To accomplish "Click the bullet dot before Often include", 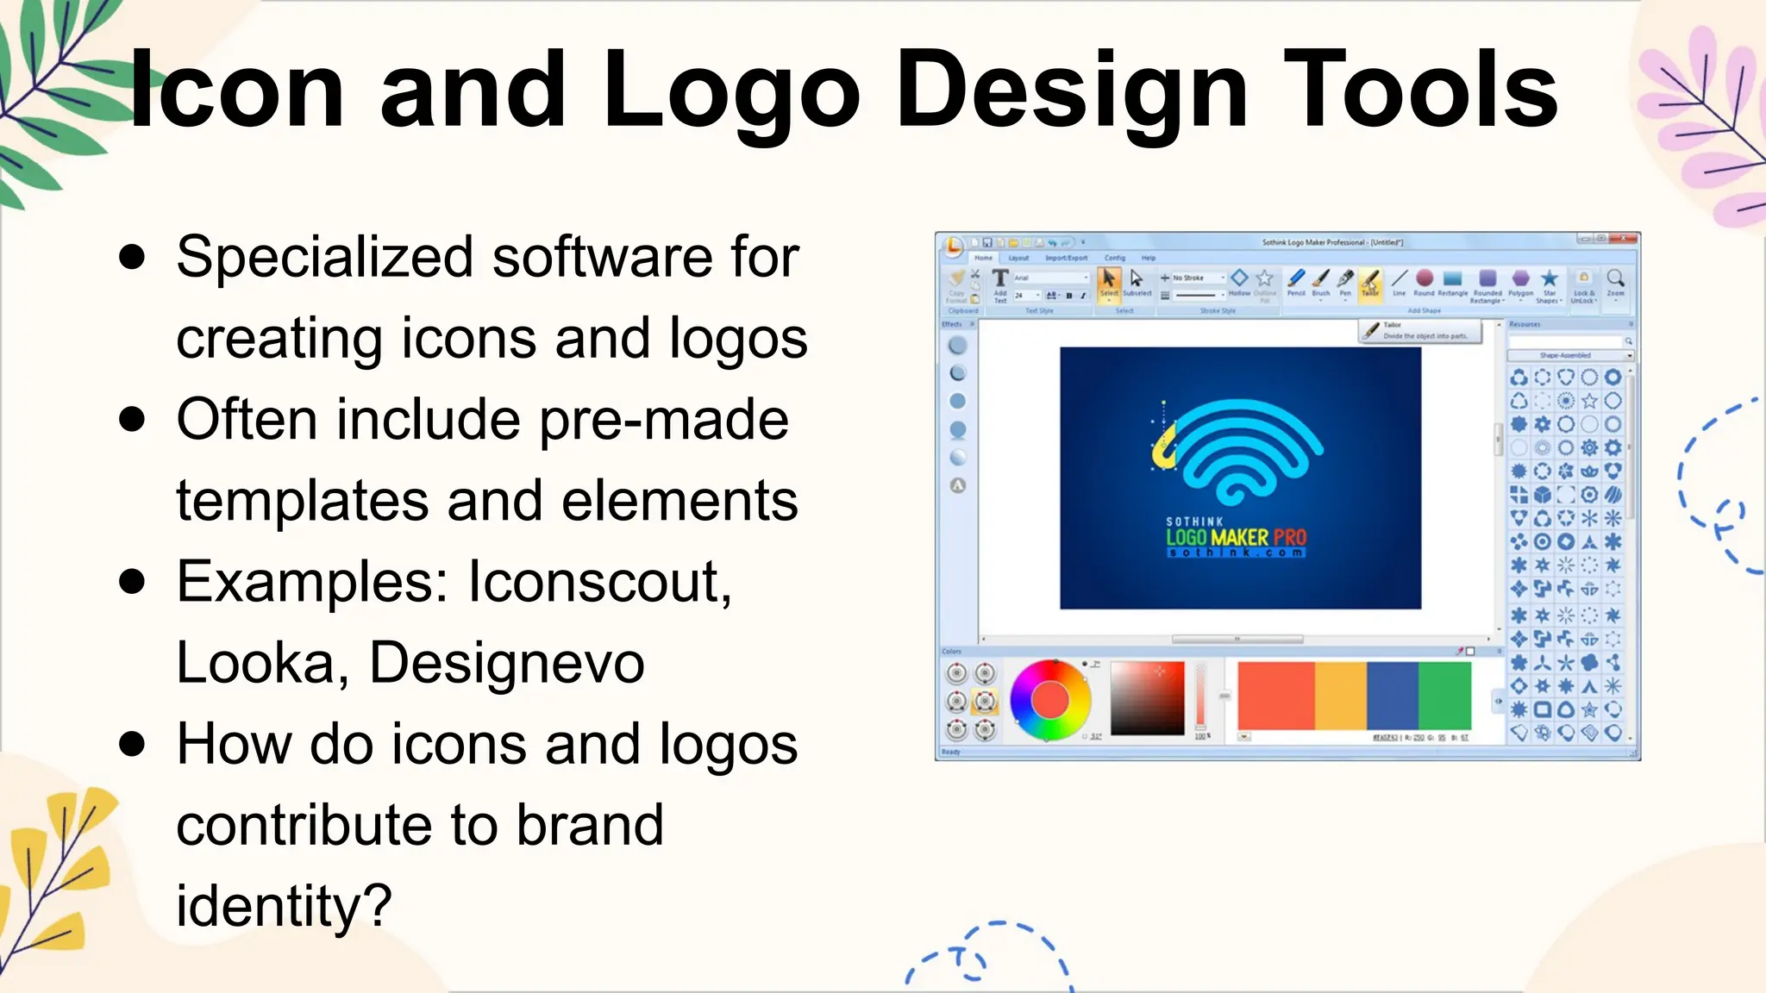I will tap(132, 420).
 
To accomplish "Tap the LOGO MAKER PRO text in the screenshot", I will tap(1236, 537).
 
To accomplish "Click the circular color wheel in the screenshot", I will tap(1049, 700).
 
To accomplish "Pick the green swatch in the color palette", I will tap(1444, 696).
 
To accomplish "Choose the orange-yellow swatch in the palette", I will tap(1340, 696).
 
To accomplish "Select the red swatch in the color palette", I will tap(1275, 696).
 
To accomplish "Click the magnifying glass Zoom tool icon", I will tap(1615, 278).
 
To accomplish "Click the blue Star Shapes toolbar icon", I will tap(1549, 278).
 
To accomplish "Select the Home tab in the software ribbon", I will tap(983, 258).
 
